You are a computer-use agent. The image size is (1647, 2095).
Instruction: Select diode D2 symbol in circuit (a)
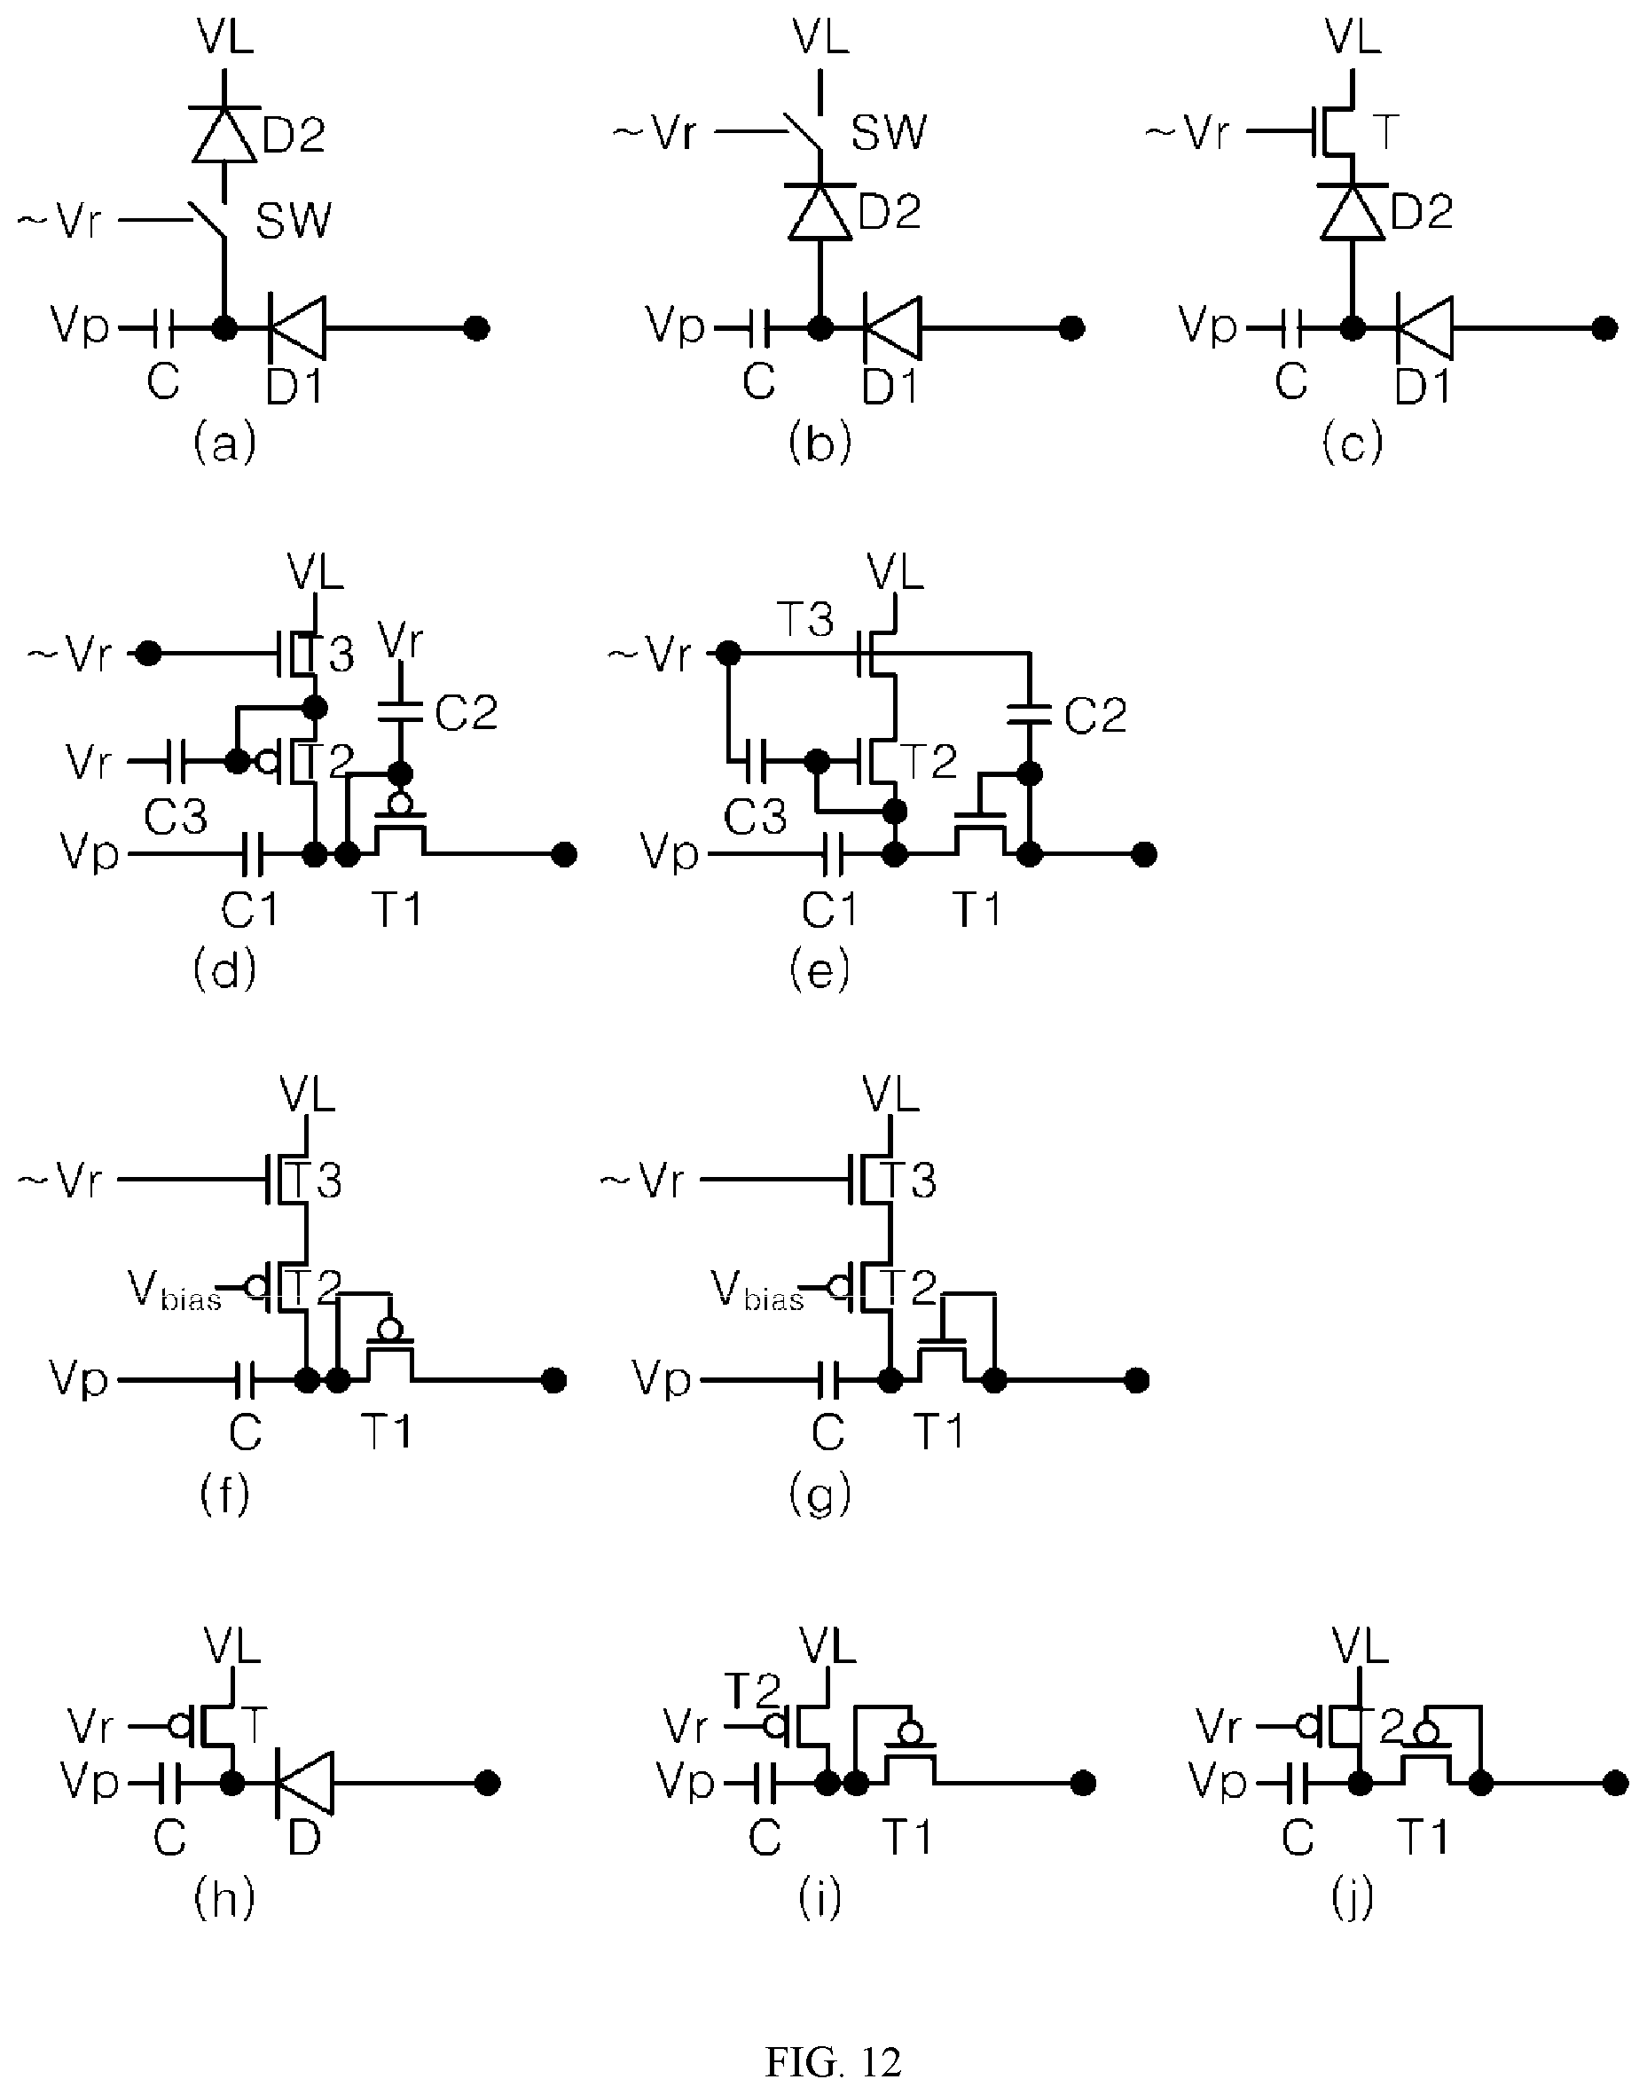[224, 135]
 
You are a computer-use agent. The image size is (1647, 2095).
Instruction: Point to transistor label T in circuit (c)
[1384, 131]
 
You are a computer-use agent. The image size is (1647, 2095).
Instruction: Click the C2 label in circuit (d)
[466, 713]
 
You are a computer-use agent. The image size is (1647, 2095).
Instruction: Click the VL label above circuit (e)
[895, 572]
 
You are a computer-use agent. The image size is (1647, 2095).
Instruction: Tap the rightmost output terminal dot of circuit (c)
[1604, 329]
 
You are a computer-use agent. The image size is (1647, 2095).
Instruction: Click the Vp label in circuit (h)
[89, 1782]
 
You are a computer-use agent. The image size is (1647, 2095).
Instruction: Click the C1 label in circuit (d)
[250, 908]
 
